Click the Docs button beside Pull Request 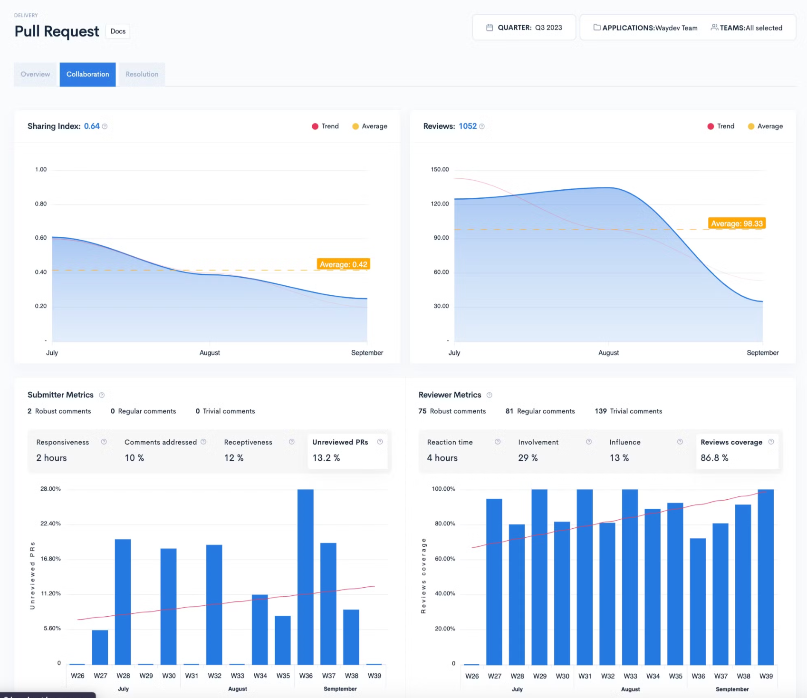point(118,31)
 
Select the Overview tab point(35,74)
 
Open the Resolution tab point(142,74)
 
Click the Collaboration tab point(88,74)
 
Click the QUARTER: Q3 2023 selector point(524,28)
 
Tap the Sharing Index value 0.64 point(92,126)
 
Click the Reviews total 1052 point(468,126)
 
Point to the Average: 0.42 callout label point(343,264)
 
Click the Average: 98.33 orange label point(737,223)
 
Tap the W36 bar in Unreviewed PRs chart point(306,577)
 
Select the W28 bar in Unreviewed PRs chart point(123,602)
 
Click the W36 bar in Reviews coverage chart point(698,601)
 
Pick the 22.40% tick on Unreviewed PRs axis point(50,523)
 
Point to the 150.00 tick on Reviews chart point(440,169)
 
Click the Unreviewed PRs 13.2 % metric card point(347,451)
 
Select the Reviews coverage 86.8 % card point(737,451)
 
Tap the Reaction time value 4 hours point(442,458)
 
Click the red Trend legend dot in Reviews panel point(711,126)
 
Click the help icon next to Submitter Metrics point(102,395)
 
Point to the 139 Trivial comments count point(628,411)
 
